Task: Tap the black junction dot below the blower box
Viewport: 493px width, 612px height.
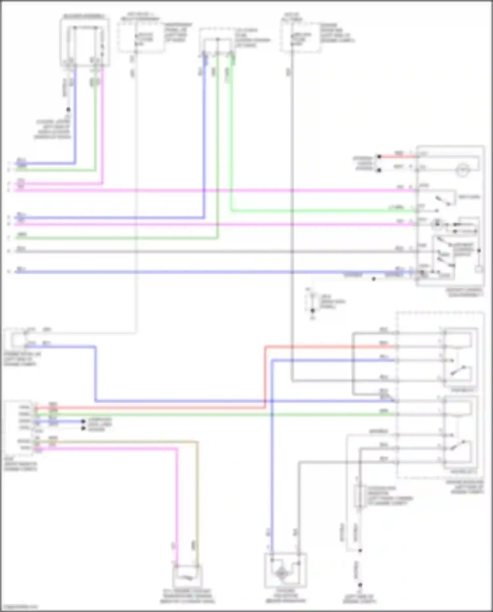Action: [x=68, y=110]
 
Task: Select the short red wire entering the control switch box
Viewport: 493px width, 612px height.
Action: [x=398, y=157]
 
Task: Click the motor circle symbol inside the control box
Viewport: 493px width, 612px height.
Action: [x=462, y=170]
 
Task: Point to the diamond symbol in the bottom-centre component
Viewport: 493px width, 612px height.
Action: [x=282, y=574]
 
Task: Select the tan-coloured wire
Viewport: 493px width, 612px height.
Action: [x=197, y=493]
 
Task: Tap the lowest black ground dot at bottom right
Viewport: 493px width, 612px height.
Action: [x=360, y=585]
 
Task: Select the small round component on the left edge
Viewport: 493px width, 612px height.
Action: [x=18, y=339]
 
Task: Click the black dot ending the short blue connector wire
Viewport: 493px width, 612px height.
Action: [x=83, y=421]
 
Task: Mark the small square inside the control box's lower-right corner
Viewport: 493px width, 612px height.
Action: [x=479, y=269]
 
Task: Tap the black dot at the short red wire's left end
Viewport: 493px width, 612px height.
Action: [x=379, y=157]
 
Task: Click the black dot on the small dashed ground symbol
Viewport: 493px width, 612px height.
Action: [x=313, y=310]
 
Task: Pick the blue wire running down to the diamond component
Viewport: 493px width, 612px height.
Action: [x=272, y=460]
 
